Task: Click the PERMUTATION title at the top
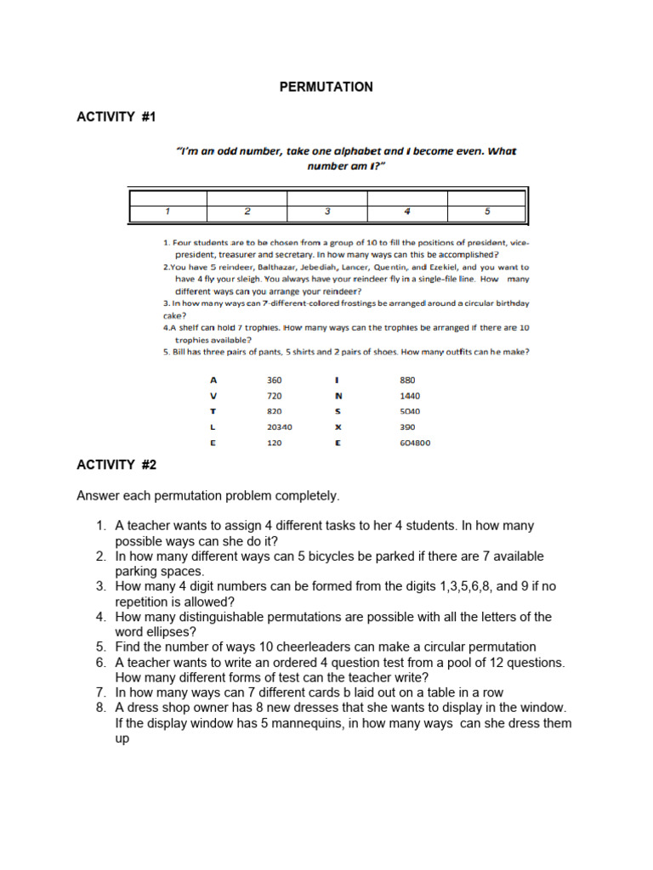tap(326, 87)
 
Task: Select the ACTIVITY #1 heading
tap(116, 117)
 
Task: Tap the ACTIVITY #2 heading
tap(116, 465)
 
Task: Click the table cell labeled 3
tap(327, 211)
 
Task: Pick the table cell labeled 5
tap(486, 211)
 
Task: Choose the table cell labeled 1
tap(168, 211)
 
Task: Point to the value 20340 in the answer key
tap(279, 427)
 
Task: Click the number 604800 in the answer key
tap(415, 443)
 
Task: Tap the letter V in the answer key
tap(213, 396)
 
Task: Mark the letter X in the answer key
tap(338, 427)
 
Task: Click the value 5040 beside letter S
tap(409, 411)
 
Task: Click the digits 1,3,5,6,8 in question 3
tap(449, 586)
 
